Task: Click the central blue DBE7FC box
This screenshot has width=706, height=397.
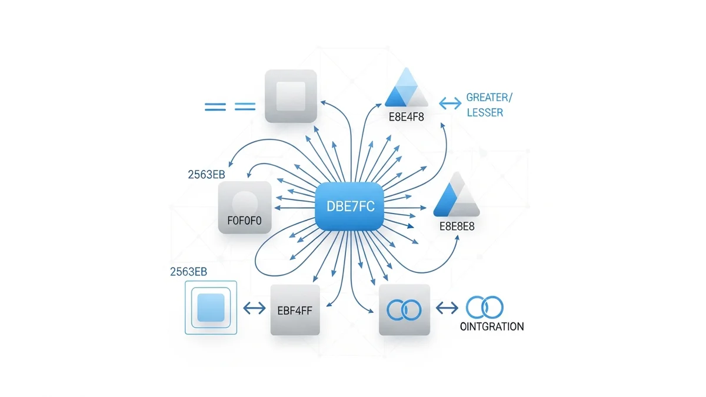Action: [349, 207]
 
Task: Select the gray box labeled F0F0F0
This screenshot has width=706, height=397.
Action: [245, 207]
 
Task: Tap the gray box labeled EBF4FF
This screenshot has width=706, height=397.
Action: [295, 310]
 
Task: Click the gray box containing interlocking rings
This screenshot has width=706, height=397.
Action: [404, 310]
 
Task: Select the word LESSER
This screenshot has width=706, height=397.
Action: [485, 112]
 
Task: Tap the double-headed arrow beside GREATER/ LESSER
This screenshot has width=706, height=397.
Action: [450, 104]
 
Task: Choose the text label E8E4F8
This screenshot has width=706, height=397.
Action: [407, 116]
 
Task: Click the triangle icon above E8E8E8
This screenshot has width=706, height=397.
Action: [457, 196]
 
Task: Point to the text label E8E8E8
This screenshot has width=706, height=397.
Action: [457, 227]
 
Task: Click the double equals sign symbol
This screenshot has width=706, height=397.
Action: [229, 107]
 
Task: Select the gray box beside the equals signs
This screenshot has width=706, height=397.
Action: [291, 96]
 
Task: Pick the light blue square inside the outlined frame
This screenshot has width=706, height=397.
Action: [211, 308]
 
